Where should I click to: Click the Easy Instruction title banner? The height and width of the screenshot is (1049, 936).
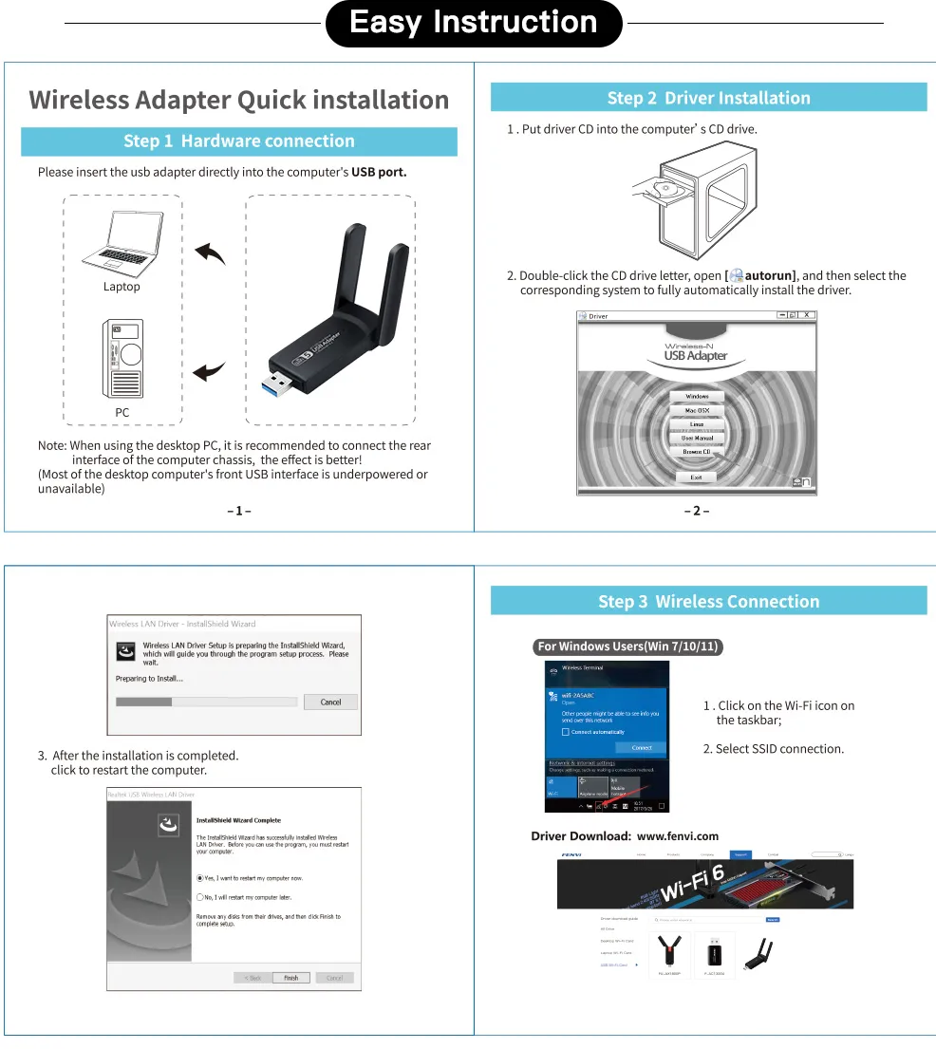(474, 23)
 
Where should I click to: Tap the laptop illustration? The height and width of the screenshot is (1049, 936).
(122, 241)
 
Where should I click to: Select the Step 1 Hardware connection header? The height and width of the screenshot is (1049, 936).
(239, 141)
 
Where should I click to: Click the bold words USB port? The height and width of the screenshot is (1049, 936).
(379, 172)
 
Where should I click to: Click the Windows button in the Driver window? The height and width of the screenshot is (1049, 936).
(697, 396)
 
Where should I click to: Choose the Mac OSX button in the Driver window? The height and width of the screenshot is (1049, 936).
(697, 410)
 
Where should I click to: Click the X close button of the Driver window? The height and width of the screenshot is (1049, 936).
(807, 315)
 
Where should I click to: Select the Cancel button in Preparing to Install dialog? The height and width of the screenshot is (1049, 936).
(330, 702)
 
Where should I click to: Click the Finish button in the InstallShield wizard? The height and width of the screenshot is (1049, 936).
(290, 977)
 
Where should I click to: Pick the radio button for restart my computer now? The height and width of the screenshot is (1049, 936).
(200, 878)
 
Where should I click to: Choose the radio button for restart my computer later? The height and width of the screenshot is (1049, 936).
(200, 896)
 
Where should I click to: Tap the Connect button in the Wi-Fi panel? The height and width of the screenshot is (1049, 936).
(642, 747)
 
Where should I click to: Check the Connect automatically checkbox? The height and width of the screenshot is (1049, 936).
(566, 732)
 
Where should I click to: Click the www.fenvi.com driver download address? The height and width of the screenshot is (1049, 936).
(677, 836)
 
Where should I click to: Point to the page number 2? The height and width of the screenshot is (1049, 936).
(697, 511)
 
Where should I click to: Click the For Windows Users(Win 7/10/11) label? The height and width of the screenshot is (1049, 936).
(628, 646)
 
